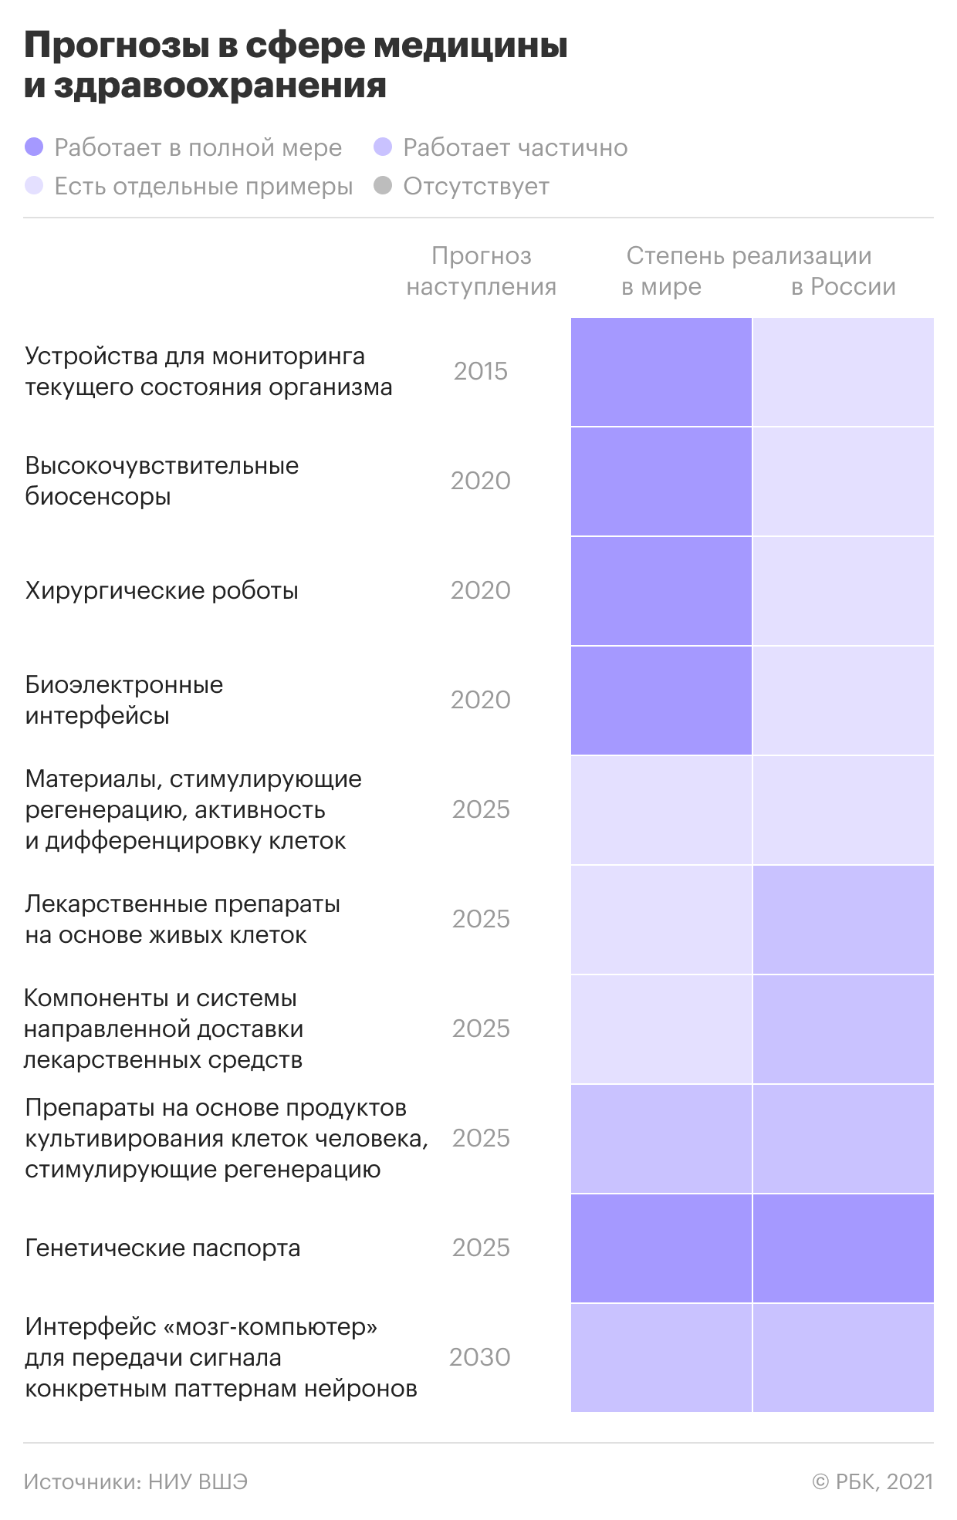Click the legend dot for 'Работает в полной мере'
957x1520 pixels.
point(34,147)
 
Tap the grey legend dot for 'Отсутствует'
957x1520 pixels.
point(383,186)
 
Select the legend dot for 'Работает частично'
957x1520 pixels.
point(383,147)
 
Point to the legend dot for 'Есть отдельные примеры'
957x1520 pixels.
point(34,186)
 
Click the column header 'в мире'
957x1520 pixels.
point(661,287)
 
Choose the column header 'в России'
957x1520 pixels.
point(843,287)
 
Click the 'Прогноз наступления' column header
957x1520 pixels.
point(481,271)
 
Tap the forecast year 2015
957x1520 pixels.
point(481,371)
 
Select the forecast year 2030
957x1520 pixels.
point(480,1357)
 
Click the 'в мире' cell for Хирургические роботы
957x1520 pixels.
point(661,591)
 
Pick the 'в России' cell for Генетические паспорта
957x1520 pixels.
point(843,1248)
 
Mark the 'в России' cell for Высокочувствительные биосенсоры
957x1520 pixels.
point(843,481)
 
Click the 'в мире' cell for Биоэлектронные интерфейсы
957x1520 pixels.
point(661,701)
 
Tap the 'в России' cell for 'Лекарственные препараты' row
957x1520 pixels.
point(843,920)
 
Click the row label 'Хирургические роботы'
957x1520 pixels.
point(161,591)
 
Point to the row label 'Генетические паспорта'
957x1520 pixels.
point(162,1248)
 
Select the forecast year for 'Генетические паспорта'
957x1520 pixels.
point(481,1248)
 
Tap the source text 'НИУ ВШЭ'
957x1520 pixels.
point(198,1481)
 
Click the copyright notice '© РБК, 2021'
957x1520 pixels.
point(872,1481)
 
